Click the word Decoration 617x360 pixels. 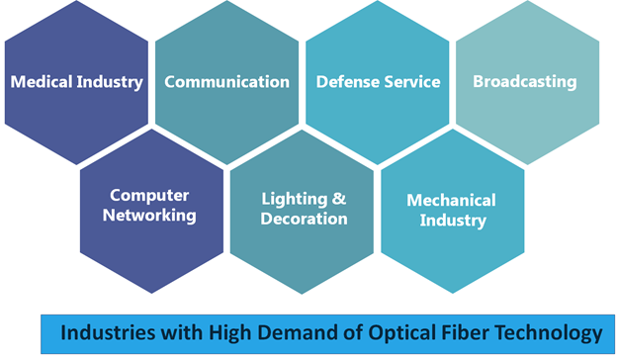click(x=304, y=219)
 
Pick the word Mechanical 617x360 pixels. click(x=451, y=201)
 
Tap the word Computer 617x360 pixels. click(x=149, y=196)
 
